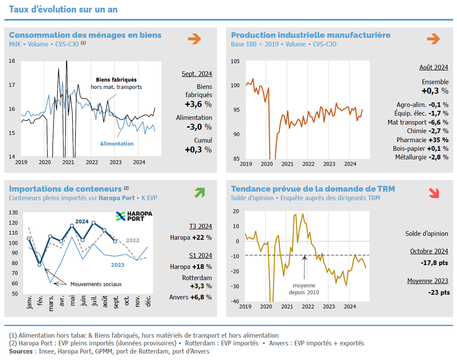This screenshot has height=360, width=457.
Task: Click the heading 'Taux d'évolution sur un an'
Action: click(63, 9)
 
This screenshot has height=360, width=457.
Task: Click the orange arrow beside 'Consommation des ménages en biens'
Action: click(194, 39)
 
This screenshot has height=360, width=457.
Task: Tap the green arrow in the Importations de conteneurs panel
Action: click(199, 193)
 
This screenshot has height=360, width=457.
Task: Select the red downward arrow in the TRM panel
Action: click(434, 193)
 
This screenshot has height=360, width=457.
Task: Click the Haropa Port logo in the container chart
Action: click(134, 216)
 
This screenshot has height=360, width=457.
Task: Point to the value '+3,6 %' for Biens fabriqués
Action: click(198, 104)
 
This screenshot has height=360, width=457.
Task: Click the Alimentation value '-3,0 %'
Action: click(199, 127)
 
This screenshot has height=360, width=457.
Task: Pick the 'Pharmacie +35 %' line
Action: click(422, 140)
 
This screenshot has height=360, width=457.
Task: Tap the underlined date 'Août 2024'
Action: click(433, 67)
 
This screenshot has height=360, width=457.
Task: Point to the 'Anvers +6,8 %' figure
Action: click(190, 297)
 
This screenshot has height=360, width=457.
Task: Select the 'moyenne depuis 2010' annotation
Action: click(304, 289)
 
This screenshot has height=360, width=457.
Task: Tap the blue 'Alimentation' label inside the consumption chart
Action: click(117, 144)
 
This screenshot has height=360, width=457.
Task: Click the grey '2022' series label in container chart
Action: click(132, 240)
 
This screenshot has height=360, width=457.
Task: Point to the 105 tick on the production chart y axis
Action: click(236, 61)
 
